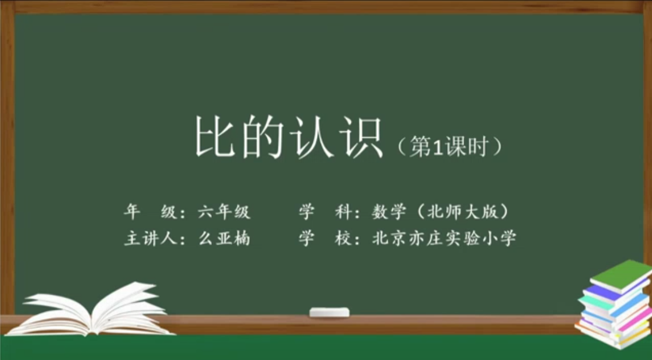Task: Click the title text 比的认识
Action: tap(289, 138)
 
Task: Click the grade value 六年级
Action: tap(224, 212)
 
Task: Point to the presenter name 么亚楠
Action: tap(224, 238)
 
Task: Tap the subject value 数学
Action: tap(389, 212)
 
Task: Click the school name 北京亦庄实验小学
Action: tap(444, 238)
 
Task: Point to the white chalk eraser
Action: tap(329, 312)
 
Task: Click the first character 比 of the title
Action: tap(214, 138)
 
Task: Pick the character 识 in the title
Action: tap(361, 138)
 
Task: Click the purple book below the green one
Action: tap(615, 291)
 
